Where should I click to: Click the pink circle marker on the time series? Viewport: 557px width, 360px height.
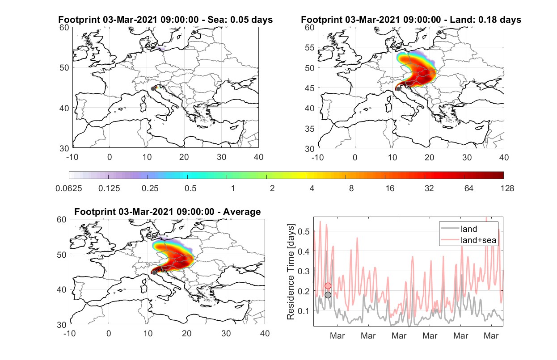(x=328, y=286)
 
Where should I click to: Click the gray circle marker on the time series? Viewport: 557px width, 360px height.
(x=328, y=295)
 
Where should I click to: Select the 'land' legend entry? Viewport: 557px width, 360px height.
(x=459, y=229)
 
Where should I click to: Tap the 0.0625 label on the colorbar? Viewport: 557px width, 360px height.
(x=69, y=188)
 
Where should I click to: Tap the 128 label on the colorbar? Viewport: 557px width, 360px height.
(x=507, y=188)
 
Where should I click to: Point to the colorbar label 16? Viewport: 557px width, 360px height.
(x=390, y=188)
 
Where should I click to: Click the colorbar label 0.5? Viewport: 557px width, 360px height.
(x=190, y=188)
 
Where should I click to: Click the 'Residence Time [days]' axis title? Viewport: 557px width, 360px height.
(x=291, y=272)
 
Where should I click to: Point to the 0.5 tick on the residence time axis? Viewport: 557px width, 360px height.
(x=304, y=231)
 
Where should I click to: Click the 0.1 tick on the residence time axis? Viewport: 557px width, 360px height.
(x=304, y=311)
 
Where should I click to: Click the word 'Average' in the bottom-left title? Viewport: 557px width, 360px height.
(x=242, y=212)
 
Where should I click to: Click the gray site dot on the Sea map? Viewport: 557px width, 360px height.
(x=153, y=89)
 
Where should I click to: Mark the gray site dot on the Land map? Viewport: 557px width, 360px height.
(x=398, y=89)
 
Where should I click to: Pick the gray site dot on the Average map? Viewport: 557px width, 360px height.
(x=154, y=273)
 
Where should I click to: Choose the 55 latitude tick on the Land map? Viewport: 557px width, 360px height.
(x=310, y=48)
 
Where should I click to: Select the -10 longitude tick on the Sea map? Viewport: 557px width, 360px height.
(x=72, y=157)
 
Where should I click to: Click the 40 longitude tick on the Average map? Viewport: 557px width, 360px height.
(x=265, y=333)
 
